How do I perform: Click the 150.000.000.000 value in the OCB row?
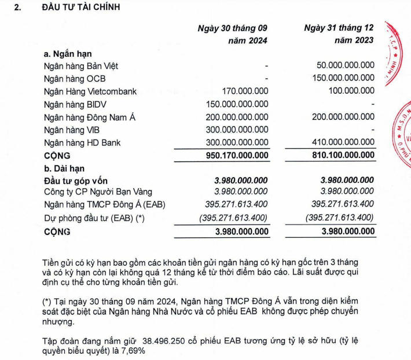(343, 78)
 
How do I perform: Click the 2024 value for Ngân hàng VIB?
(237, 130)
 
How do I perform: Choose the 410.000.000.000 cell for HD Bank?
(343, 142)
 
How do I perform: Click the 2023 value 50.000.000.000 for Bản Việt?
(346, 65)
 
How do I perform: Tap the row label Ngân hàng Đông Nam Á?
(89, 117)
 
